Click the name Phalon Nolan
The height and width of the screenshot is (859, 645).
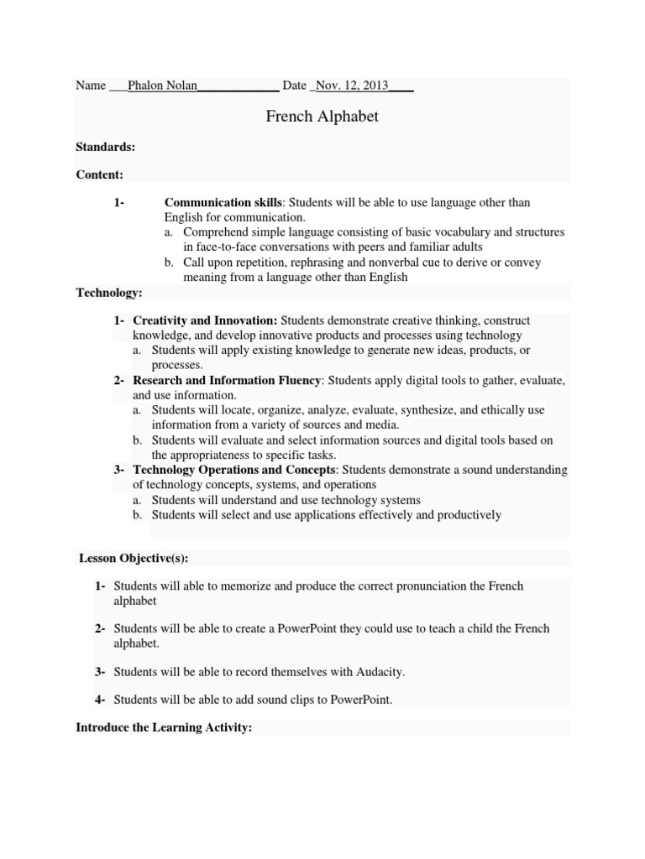[x=161, y=86]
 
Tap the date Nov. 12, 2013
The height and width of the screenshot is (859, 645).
[x=352, y=86]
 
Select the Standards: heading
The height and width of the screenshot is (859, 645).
[x=106, y=147]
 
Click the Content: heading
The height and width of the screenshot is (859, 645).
[x=100, y=174]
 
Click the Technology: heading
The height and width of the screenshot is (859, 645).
[x=109, y=292]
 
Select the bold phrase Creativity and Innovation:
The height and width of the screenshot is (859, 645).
[x=205, y=320]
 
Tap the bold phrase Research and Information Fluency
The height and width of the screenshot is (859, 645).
[x=227, y=380]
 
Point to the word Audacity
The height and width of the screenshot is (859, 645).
[x=382, y=672]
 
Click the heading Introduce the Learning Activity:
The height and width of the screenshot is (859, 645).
[x=164, y=728]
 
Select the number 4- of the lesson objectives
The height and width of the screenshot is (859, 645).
[x=100, y=699]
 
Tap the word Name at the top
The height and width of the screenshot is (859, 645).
[x=91, y=86]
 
